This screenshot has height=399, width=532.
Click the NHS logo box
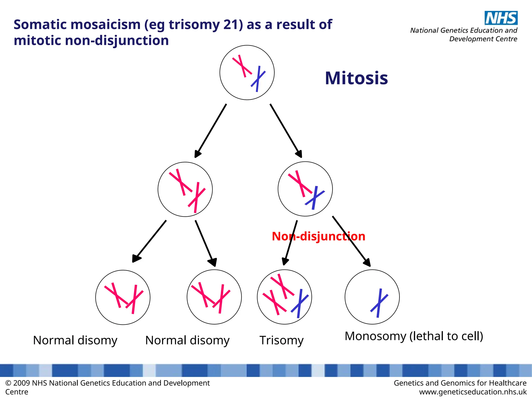501,18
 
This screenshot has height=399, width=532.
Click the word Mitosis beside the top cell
356,78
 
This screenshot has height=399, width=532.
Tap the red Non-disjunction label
318,236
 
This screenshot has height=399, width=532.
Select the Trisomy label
282,340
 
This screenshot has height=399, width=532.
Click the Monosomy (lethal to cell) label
414,336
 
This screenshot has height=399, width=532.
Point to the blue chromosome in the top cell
258,79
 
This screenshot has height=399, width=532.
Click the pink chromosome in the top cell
242,66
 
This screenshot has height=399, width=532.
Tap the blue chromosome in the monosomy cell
379,303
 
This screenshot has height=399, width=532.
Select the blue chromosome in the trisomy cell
300,303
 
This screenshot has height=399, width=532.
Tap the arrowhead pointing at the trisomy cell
285,261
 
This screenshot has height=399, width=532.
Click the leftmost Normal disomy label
75,340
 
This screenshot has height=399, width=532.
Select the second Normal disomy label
187,340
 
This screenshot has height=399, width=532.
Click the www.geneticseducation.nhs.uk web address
473,392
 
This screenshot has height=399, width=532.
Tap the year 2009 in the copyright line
22,383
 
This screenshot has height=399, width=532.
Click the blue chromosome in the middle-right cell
315,198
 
